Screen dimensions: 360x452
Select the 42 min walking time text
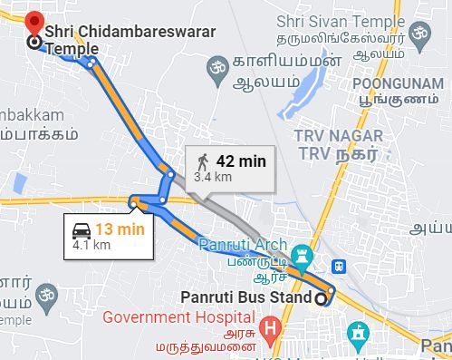coord(241,161)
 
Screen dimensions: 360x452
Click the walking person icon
coord(202,162)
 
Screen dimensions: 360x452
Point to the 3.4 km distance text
coord(212,178)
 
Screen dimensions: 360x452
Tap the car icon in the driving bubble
coord(82,229)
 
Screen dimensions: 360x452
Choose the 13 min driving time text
coord(120,229)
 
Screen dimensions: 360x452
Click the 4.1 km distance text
coord(91,245)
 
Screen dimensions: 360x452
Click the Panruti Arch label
coord(239,245)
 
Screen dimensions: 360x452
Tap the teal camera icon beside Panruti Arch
coord(303,251)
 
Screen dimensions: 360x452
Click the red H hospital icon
coord(269,326)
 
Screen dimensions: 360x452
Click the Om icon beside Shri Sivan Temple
coord(418,34)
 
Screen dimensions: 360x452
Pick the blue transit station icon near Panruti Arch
coord(339,267)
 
